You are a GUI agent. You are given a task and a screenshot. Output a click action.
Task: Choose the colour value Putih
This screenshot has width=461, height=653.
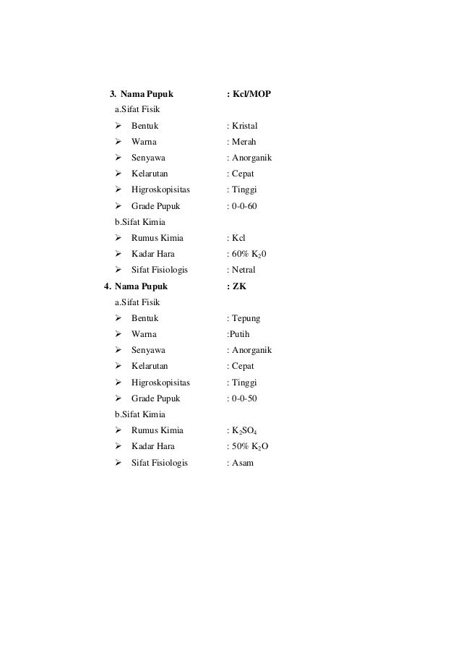[243, 334]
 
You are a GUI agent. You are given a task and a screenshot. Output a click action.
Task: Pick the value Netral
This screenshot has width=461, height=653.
[244, 270]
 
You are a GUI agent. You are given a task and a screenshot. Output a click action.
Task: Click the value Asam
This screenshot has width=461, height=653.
[242, 462]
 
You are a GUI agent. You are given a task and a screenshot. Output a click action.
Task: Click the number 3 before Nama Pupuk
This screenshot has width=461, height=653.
[112, 94]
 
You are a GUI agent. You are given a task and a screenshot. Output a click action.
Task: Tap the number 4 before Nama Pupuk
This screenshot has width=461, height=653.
[108, 286]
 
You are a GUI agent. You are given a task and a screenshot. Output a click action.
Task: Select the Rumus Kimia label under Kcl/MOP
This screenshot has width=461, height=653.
[157, 238]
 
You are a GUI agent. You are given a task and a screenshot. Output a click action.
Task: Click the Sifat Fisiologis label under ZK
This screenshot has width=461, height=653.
[159, 462]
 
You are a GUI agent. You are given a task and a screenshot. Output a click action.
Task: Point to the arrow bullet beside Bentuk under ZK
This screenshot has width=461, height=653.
[118, 318]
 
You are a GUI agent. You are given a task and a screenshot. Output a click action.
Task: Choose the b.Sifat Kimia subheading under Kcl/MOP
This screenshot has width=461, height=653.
[139, 222]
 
